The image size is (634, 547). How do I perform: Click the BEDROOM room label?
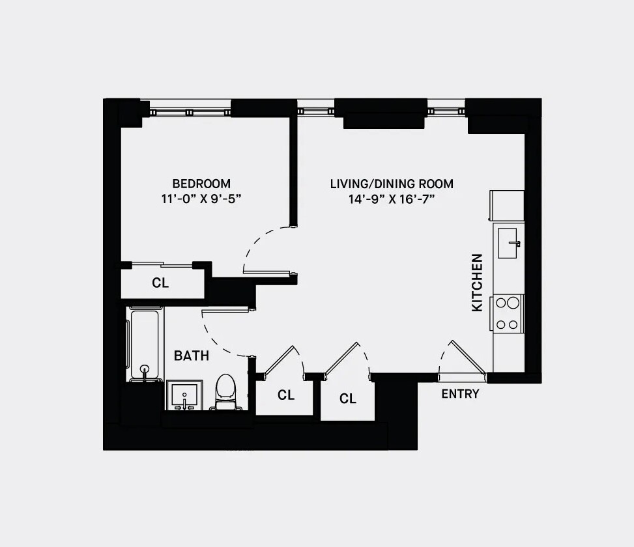pyautogui.click(x=201, y=184)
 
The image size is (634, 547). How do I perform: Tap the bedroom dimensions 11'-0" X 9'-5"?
pyautogui.click(x=201, y=199)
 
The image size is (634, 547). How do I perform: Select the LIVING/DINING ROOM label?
pyautogui.click(x=392, y=184)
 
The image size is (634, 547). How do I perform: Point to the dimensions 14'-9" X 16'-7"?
pyautogui.click(x=392, y=199)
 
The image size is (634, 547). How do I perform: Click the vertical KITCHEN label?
pyautogui.click(x=477, y=283)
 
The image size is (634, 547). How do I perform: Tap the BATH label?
pyautogui.click(x=192, y=356)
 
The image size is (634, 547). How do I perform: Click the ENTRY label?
pyautogui.click(x=460, y=393)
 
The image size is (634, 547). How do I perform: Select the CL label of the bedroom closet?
pyautogui.click(x=160, y=283)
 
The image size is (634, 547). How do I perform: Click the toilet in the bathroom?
pyautogui.click(x=225, y=392)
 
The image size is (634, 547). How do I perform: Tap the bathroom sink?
pyautogui.click(x=184, y=395)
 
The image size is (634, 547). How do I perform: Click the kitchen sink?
pyautogui.click(x=508, y=243)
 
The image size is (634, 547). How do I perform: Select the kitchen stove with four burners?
pyautogui.click(x=508, y=313)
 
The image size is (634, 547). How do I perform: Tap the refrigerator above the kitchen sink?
pyautogui.click(x=507, y=206)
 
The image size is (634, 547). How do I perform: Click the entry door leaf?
pyautogui.click(x=468, y=357)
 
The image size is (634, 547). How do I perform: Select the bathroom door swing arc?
pyautogui.click(x=218, y=339)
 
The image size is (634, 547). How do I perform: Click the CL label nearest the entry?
pyautogui.click(x=348, y=399)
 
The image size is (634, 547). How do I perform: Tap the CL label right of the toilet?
pyautogui.click(x=286, y=395)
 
